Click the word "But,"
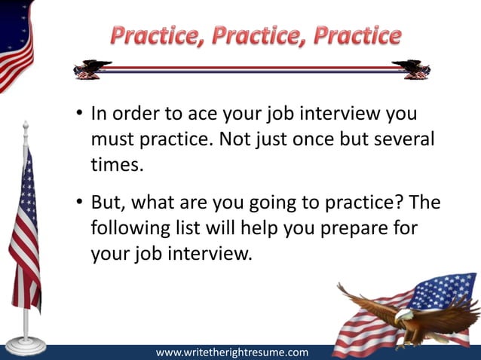point(110,203)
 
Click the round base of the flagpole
point(25,346)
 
